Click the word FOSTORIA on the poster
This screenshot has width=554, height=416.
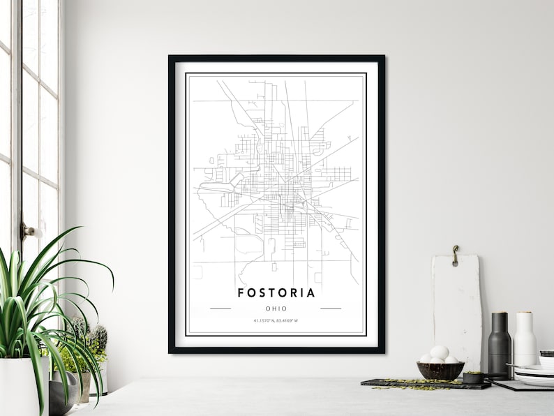click(276, 292)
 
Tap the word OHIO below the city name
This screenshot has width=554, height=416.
click(276, 309)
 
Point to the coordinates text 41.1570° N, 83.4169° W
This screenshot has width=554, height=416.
click(276, 321)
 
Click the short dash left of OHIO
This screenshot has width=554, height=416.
click(220, 309)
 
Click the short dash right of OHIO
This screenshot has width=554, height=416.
click(331, 309)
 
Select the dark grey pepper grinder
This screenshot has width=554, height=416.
click(500, 346)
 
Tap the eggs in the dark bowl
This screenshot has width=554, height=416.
click(439, 355)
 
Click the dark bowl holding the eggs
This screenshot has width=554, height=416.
click(440, 371)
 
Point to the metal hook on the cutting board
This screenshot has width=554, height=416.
click(455, 255)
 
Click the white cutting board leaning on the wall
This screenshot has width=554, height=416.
click(456, 307)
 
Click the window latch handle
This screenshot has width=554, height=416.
click(30, 230)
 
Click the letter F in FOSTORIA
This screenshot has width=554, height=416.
click(241, 292)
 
